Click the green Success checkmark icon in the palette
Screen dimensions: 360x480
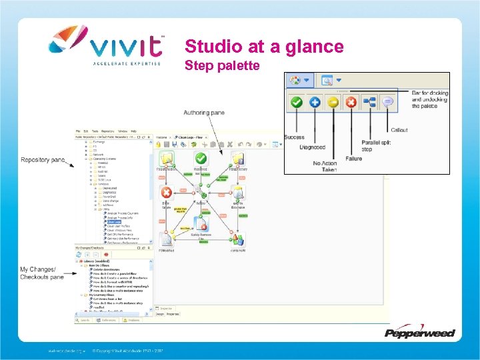297,103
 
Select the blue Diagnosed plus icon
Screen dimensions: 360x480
315,103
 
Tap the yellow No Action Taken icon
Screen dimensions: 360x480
333,103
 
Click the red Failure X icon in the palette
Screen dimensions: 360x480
351,103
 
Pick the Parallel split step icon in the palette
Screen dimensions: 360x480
369,103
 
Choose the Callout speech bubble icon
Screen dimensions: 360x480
387,103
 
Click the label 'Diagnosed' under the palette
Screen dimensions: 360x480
313,147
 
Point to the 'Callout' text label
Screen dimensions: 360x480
399,130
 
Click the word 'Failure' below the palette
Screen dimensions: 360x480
354,159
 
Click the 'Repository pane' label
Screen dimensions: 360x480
43,160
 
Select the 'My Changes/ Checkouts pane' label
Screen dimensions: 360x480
42,273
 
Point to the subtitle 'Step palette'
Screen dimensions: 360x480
222,65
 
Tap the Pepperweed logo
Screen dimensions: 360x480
419,332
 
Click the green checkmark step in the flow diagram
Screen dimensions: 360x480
201,159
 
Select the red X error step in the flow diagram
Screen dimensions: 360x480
166,193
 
